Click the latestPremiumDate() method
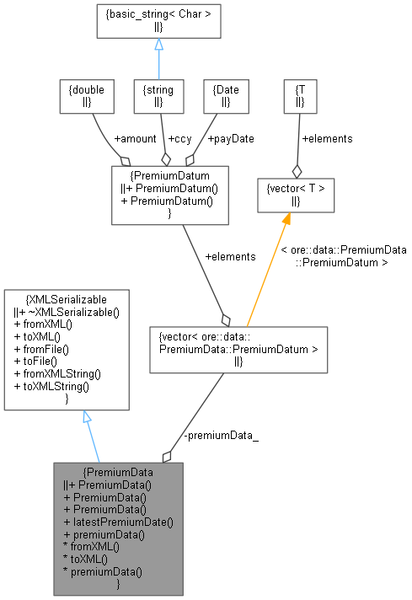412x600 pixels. [x=118, y=522]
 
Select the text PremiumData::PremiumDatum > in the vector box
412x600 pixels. [x=238, y=349]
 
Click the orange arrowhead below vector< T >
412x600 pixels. [x=286, y=219]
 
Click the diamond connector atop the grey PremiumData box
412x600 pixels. [x=167, y=456]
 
